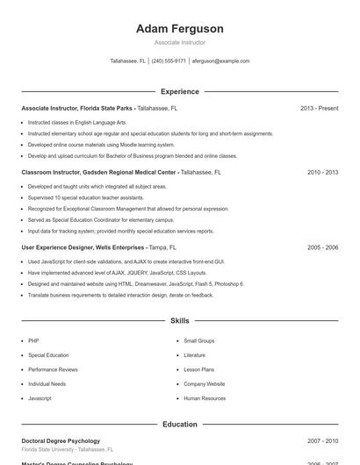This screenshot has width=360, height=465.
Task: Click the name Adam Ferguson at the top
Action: click(179, 29)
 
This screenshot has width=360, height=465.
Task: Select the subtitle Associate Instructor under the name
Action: click(179, 42)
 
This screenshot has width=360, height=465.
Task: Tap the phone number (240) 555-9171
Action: click(169, 61)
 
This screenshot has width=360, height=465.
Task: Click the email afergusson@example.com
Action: click(220, 61)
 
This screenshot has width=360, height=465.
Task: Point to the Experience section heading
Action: click(179, 91)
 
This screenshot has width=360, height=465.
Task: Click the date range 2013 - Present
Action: click(319, 108)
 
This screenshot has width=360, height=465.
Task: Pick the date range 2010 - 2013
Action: click(322, 173)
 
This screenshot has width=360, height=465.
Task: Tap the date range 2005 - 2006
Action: click(322, 247)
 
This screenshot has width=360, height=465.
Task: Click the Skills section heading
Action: click(179, 321)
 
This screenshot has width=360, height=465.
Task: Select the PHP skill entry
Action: click(33, 340)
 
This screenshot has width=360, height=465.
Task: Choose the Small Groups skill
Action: click(198, 340)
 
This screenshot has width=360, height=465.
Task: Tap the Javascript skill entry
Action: click(40, 398)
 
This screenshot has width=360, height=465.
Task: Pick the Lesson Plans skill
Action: click(198, 369)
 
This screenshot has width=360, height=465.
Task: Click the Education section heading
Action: click(179, 424)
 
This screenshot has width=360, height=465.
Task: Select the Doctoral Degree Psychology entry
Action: click(61, 440)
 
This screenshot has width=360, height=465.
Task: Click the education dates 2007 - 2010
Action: click(322, 440)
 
